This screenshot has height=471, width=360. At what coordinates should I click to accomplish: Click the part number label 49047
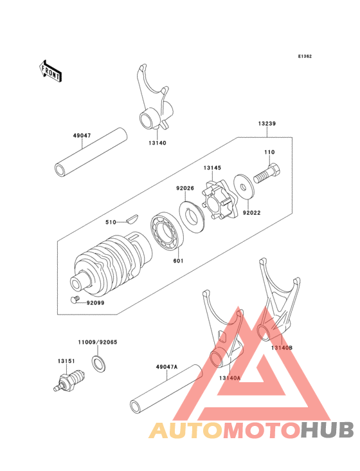tap(82, 136)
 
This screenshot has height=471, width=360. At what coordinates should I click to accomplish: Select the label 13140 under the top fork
tap(156, 143)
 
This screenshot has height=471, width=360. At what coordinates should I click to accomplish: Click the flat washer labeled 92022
tap(244, 186)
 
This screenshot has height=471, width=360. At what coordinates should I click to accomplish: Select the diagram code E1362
tap(304, 57)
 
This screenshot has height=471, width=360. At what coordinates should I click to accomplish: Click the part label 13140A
tap(230, 378)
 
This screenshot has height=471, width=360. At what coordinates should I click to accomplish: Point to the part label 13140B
tap(282, 347)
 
